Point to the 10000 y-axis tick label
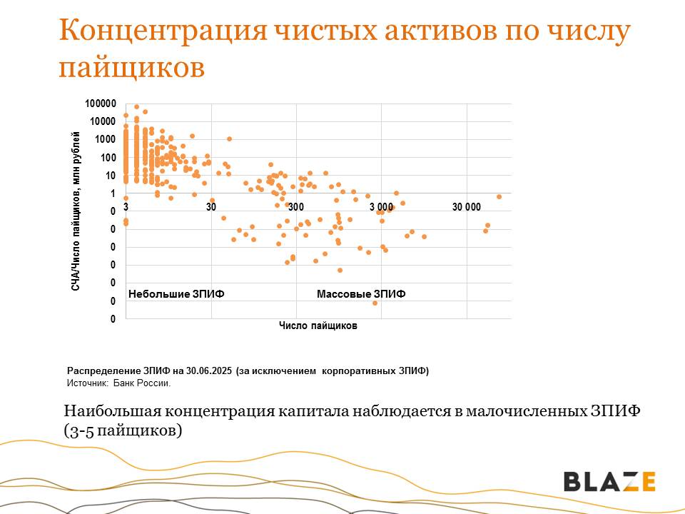pyautogui.click(x=103, y=122)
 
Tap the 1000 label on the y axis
pyautogui.click(x=105, y=140)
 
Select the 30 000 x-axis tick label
pyautogui.click(x=467, y=207)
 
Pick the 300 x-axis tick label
pyautogui.click(x=296, y=207)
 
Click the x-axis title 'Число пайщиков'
pyautogui.click(x=318, y=326)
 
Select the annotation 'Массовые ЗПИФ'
pyautogui.click(x=360, y=294)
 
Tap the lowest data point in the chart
pyautogui.click(x=375, y=303)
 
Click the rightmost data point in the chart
pyautogui.click(x=499, y=196)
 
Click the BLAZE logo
pyautogui.click(x=609, y=481)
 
